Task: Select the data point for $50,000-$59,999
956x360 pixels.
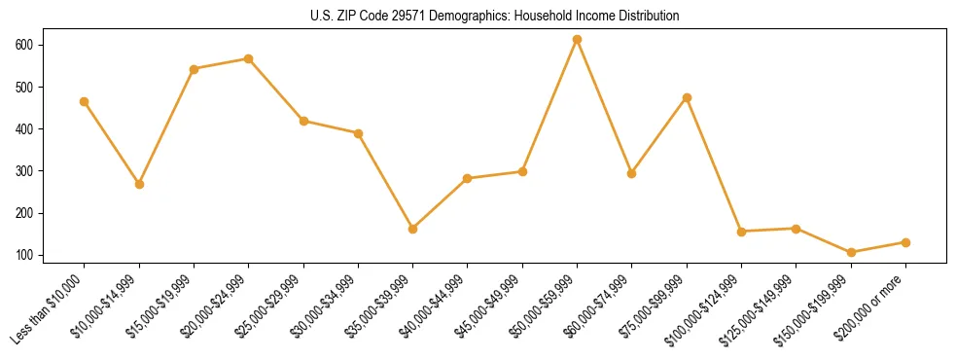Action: [577, 40]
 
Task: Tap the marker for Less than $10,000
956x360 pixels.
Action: [85, 101]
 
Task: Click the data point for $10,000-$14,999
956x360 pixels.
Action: [139, 184]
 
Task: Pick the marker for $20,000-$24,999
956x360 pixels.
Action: [249, 58]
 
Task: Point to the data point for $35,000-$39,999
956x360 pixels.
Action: [412, 229]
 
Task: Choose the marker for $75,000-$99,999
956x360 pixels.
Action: [687, 97]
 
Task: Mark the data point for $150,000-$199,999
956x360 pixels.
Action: [851, 252]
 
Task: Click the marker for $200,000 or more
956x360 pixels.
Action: [905, 242]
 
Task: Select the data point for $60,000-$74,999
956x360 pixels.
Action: [632, 173]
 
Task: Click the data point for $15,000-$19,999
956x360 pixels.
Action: [194, 69]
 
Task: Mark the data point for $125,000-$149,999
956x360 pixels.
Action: [796, 229]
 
